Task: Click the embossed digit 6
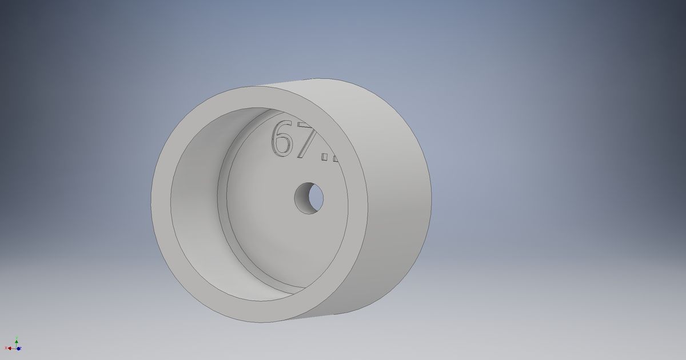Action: pos(282,139)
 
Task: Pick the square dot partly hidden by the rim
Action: pos(335,158)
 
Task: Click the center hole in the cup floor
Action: pos(309,198)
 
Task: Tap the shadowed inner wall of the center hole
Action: pos(302,199)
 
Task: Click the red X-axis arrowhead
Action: pos(10,348)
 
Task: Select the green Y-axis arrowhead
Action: pos(17,342)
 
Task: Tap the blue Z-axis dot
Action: pos(18,349)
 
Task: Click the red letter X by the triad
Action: pos(6,348)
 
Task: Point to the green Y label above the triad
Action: pos(17,337)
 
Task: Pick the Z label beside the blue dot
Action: pos(21,347)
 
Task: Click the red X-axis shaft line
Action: pos(14,349)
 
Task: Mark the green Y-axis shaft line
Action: pos(17,345)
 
